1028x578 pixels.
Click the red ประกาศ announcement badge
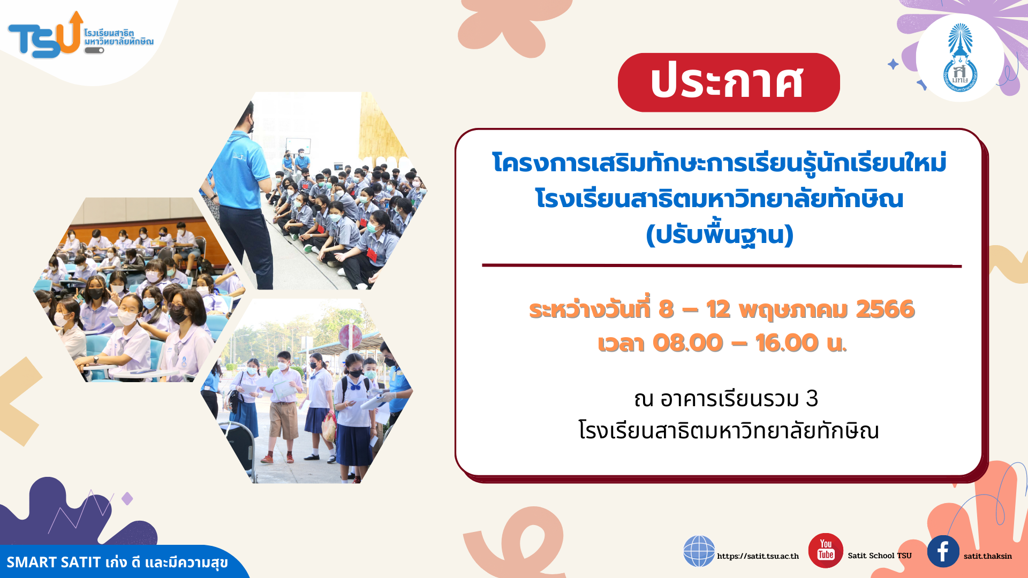[729, 82]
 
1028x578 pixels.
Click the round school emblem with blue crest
[960, 58]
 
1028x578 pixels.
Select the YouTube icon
[826, 550]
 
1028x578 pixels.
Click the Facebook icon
[943, 551]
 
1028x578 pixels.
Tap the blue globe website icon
[699, 551]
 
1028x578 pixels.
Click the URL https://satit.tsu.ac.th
[758, 556]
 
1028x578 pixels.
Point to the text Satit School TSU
[880, 556]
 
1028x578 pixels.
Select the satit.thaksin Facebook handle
[988, 556]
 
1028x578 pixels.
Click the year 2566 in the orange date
[886, 309]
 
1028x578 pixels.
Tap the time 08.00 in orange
[688, 343]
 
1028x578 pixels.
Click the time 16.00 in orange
[787, 343]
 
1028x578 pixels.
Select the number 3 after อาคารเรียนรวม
[812, 399]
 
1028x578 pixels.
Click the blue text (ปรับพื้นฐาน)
[720, 235]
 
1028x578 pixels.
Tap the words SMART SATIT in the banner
[54, 562]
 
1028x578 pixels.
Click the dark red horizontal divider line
[722, 265]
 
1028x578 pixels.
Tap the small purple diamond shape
[127, 499]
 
